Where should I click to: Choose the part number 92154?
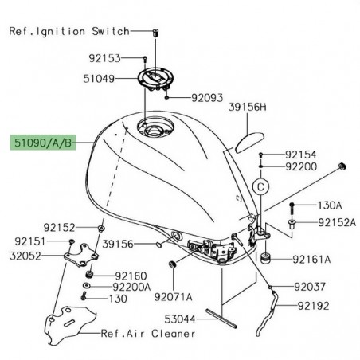pos(301,155)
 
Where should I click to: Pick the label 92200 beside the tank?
pos(301,167)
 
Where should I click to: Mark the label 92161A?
pos(311,259)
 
